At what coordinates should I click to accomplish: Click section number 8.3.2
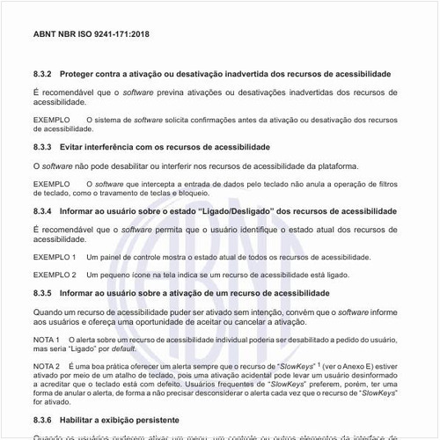[43, 74]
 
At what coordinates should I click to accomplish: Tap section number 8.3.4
[43, 212]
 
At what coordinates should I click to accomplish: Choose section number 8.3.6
[43, 421]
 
